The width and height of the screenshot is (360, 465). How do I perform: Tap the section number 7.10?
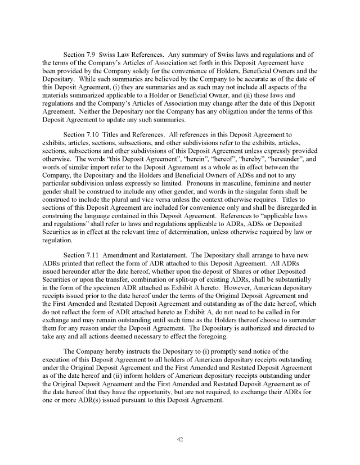click(x=94, y=134)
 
